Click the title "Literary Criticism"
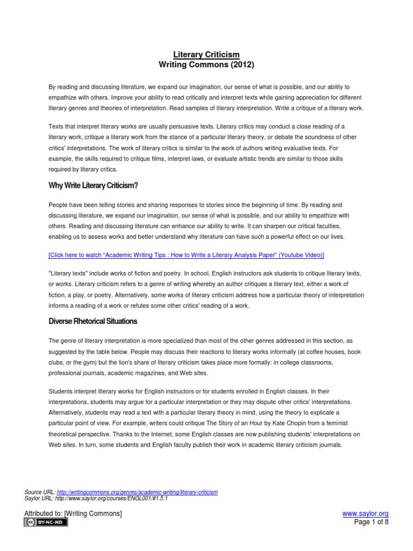pyautogui.click(x=206, y=54)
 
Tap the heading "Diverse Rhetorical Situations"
pyautogui.click(x=93, y=321)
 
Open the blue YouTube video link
pyautogui.click(x=186, y=255)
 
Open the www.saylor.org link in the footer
pyautogui.click(x=365, y=514)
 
